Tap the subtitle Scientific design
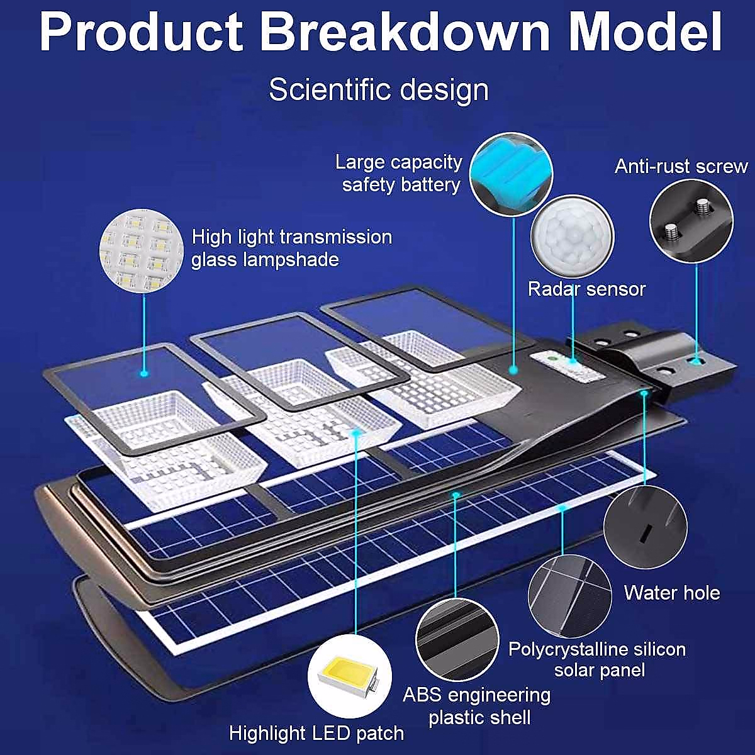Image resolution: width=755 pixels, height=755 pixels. point(379,89)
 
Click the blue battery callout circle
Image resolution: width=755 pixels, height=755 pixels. point(511,174)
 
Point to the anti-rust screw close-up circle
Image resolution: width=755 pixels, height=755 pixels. point(691,221)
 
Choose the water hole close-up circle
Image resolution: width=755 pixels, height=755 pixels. point(645,527)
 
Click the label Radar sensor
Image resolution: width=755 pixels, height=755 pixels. point(586,289)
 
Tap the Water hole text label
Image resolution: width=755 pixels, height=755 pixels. point(672,593)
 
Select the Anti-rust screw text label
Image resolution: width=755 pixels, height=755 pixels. point(681,166)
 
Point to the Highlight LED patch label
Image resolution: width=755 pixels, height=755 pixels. point(316,733)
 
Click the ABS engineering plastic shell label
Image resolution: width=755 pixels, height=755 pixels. point(477,706)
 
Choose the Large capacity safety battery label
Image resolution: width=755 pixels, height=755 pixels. point(400,173)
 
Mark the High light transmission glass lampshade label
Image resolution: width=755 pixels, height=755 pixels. point(291,248)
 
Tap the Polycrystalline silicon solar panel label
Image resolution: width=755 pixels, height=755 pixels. point(597,659)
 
